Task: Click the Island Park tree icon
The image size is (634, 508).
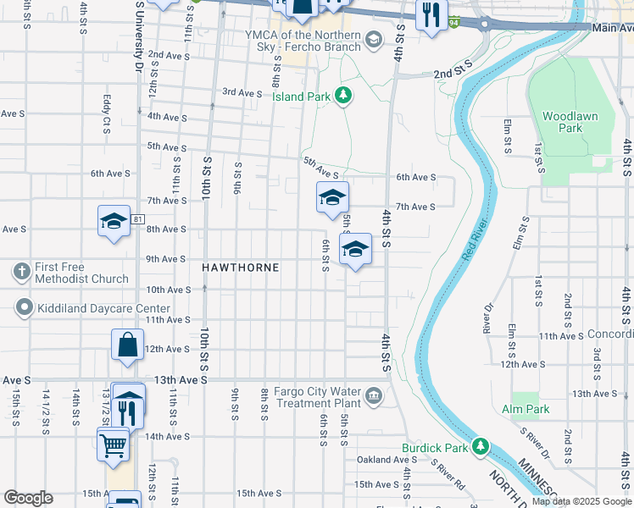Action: click(x=343, y=96)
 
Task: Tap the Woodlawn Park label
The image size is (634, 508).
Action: click(x=559, y=121)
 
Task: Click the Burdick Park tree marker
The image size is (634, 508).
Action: click(x=481, y=444)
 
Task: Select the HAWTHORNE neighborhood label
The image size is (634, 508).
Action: click(x=241, y=267)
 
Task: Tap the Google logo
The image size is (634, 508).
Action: click(x=28, y=498)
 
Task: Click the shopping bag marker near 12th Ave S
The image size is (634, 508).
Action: click(x=127, y=345)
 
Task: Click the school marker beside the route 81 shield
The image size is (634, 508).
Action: click(x=114, y=221)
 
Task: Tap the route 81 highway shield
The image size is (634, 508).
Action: click(x=137, y=219)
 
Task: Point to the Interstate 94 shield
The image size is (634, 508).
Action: click(x=456, y=23)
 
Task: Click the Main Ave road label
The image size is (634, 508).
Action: click(x=613, y=27)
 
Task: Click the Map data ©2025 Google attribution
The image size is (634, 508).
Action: click(x=581, y=501)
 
